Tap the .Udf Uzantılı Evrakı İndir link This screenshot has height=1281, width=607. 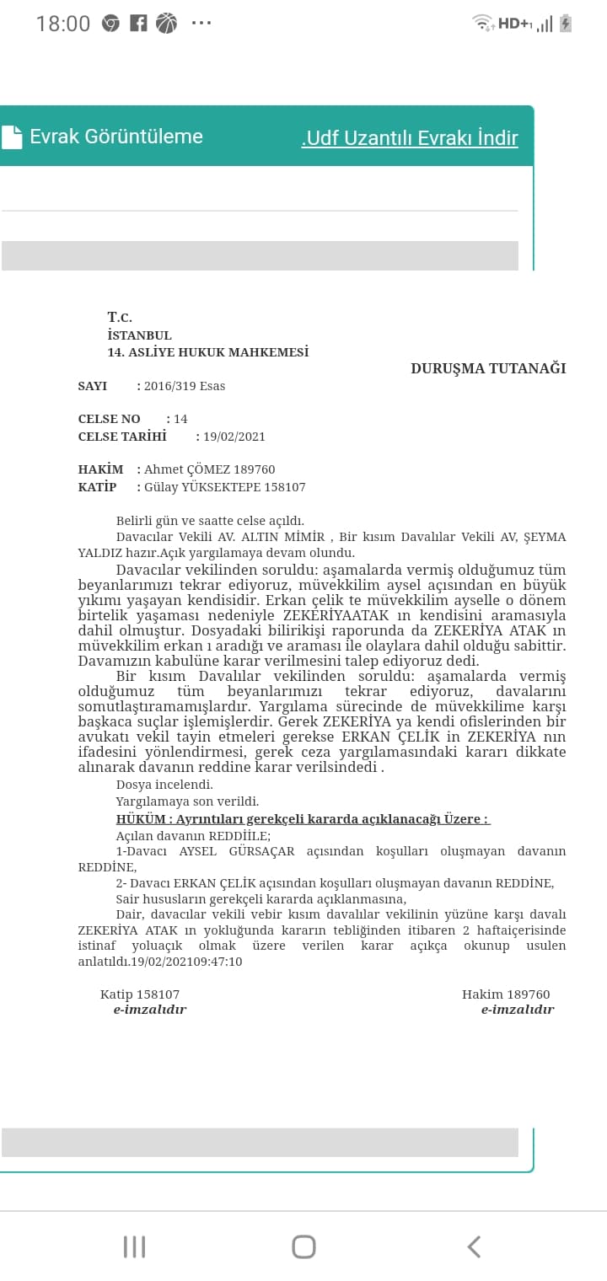(x=410, y=138)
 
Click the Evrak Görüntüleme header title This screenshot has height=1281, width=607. (x=116, y=137)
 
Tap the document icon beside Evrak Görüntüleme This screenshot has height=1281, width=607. (x=12, y=137)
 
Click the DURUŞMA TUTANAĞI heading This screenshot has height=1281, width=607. (x=488, y=368)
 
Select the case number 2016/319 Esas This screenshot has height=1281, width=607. (x=185, y=386)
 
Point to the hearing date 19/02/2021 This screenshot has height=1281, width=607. (x=234, y=437)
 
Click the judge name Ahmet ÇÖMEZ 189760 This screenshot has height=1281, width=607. (x=209, y=469)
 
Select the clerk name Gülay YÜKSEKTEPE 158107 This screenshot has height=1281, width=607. (x=224, y=487)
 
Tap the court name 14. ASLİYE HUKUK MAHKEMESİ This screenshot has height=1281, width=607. (x=208, y=352)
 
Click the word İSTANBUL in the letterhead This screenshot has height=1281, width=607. (x=140, y=335)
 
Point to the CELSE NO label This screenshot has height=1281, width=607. (x=110, y=419)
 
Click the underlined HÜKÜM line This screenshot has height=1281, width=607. (x=303, y=819)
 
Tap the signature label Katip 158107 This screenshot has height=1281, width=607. (x=140, y=994)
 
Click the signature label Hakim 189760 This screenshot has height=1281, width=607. (x=506, y=994)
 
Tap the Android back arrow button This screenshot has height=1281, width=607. (x=474, y=1246)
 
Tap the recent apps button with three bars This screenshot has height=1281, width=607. (x=135, y=1246)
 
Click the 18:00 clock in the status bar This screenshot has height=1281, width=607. (x=63, y=24)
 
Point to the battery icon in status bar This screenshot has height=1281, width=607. (x=566, y=24)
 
